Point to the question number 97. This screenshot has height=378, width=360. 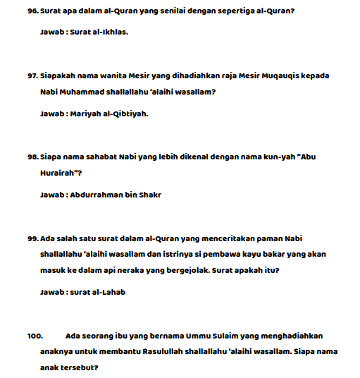[x=32, y=75]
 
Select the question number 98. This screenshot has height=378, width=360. [x=32, y=157]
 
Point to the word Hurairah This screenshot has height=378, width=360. [x=60, y=175]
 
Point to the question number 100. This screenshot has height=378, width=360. [x=35, y=336]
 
